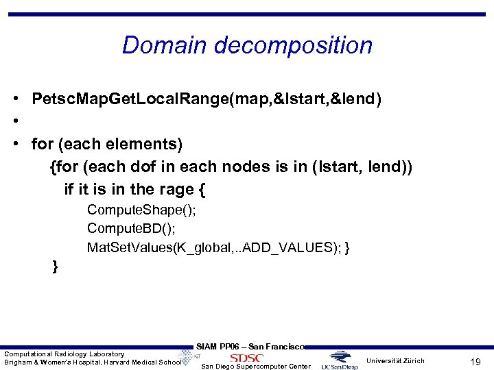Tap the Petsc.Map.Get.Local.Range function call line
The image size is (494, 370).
pos(207,99)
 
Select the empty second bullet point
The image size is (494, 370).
pos(15,122)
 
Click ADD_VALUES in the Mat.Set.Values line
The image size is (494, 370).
pos(292,247)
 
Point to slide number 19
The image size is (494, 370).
pos(474,361)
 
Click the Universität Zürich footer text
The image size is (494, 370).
pos(395,360)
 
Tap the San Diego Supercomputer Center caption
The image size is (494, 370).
pos(255,367)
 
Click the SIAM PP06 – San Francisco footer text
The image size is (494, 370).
pos(250,347)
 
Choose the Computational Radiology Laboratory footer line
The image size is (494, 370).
pos(64,354)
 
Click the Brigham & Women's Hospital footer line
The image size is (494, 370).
pos(92,362)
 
